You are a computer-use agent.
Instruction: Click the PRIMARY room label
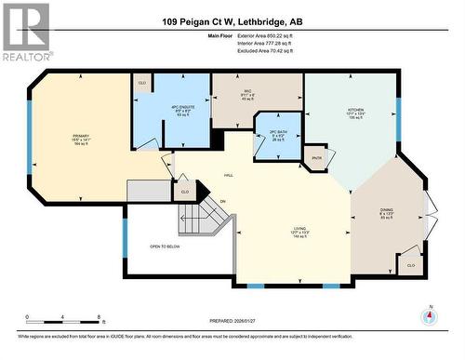[80, 136]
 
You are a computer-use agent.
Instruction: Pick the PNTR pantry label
[316, 158]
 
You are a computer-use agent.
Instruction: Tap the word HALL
[228, 175]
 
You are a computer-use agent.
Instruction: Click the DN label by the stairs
[223, 201]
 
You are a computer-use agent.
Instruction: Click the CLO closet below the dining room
[411, 265]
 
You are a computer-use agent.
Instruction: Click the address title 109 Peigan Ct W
[232, 21]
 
